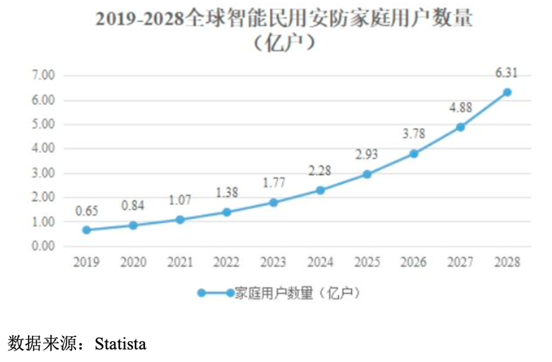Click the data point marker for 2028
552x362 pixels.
pos(507,92)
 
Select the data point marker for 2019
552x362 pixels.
pos(86,230)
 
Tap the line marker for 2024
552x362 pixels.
pos(320,190)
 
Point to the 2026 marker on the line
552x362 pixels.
pos(414,153)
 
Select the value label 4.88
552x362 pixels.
pos(460,108)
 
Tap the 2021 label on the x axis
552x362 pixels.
pos(180,262)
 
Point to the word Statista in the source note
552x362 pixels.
pos(120,344)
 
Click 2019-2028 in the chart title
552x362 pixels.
pos(139,20)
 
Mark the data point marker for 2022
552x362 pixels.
pos(227,211)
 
